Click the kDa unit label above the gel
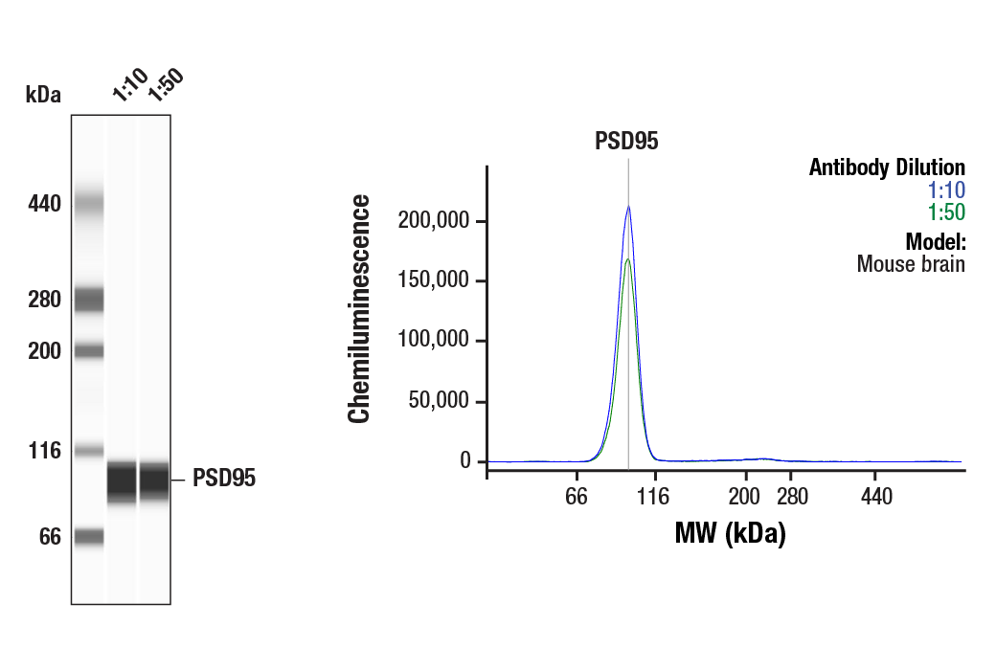point(43,95)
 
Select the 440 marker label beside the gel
point(44,204)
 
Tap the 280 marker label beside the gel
point(44,301)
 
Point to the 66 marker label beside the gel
point(50,538)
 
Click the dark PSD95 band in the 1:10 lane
point(122,480)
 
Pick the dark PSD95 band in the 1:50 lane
point(154,480)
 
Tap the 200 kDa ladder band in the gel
point(89,351)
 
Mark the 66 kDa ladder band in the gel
point(89,537)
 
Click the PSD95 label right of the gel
point(224,479)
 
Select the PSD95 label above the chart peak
point(626,142)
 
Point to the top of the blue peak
point(628,206)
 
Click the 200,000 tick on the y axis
point(433,221)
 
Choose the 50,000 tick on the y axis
point(438,402)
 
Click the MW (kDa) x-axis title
point(730,533)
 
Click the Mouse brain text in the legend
point(911,263)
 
